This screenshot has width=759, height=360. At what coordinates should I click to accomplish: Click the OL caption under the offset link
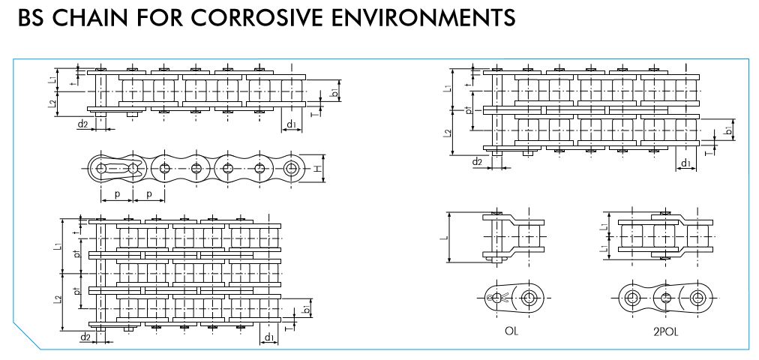[512, 330]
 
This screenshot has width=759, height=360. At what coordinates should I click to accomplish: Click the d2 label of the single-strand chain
[82, 124]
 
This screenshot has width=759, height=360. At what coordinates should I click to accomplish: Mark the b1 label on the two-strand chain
[727, 132]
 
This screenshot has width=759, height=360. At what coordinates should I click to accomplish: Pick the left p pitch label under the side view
[116, 194]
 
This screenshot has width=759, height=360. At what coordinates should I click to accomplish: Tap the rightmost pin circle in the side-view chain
[291, 168]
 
